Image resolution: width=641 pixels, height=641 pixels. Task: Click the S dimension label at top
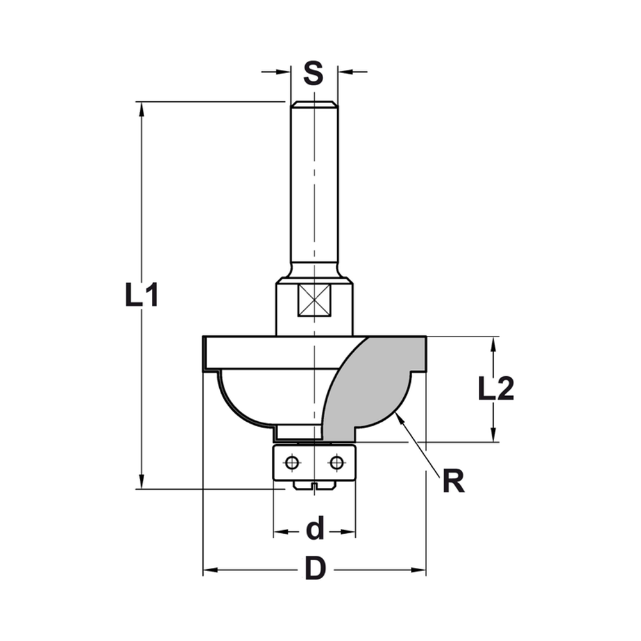[x=313, y=72]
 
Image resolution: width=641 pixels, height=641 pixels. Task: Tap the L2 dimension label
[x=496, y=389]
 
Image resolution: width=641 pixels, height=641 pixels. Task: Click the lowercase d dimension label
[x=314, y=530]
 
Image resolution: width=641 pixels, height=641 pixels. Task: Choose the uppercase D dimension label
[x=314, y=569]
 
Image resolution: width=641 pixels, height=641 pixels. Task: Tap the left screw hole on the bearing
[x=292, y=462]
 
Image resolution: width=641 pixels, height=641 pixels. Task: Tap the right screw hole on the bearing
[x=336, y=462]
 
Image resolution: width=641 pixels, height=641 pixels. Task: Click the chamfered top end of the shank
[x=314, y=104]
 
